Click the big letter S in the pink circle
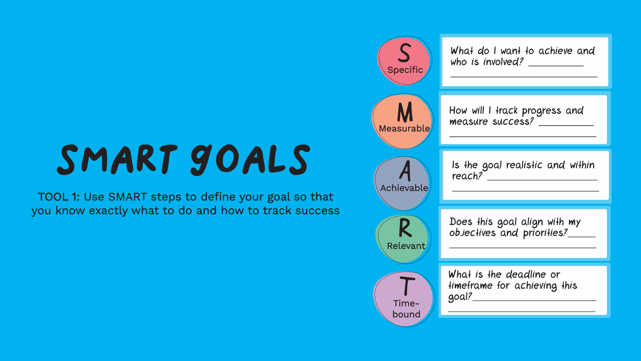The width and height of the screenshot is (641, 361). (404, 53)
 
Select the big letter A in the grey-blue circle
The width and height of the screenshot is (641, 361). (405, 171)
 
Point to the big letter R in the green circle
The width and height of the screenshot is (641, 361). (405, 228)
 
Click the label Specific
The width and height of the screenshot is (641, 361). (405, 70)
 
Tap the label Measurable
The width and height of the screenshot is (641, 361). (404, 128)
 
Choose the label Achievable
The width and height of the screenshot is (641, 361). (404, 188)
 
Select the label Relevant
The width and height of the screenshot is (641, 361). (406, 246)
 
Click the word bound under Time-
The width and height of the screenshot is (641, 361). (406, 314)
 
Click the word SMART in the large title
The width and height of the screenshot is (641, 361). (117, 159)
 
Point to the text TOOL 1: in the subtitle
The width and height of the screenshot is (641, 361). (58, 197)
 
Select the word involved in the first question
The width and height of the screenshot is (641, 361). (503, 62)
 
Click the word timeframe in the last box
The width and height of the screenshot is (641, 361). (470, 285)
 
